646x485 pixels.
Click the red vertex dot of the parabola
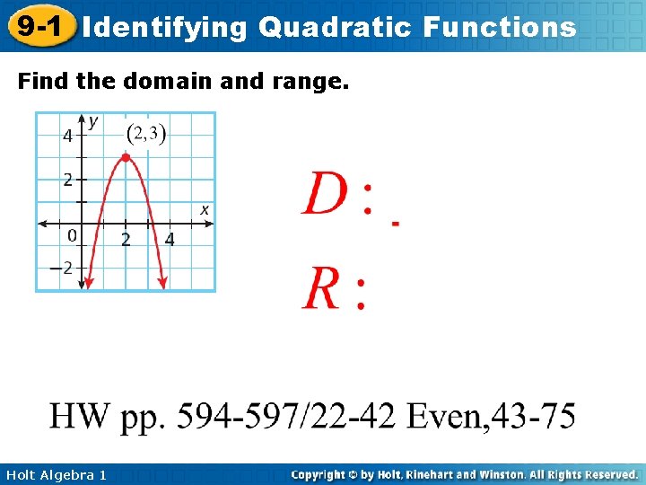point(126,157)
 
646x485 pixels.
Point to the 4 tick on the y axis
point(67,136)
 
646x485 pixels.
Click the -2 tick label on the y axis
point(62,268)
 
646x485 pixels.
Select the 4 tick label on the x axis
point(170,239)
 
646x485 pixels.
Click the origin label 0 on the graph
point(72,236)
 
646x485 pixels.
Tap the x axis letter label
point(205,209)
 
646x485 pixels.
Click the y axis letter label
point(93,120)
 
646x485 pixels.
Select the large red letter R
point(322,289)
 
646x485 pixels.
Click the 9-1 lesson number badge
point(38,26)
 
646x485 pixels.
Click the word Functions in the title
point(506,27)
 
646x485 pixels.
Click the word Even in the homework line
point(447,417)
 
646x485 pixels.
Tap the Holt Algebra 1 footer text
point(54,474)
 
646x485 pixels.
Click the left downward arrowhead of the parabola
point(87,283)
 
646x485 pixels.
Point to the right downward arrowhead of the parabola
point(163,283)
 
